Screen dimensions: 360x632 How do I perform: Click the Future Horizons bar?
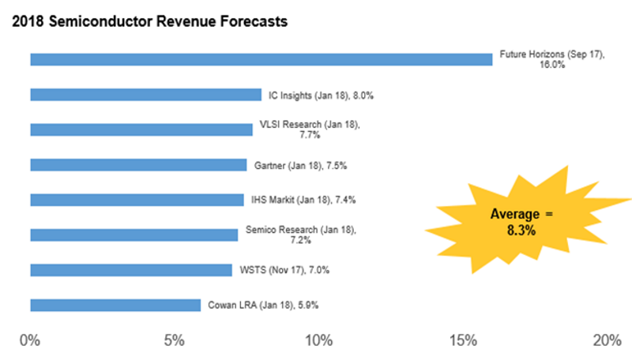tap(261, 59)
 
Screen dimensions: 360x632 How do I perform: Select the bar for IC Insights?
tap(145, 95)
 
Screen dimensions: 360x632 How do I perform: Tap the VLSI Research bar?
tap(141, 129)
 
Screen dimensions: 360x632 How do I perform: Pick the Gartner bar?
tap(138, 165)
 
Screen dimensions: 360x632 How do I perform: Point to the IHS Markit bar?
tap(137, 200)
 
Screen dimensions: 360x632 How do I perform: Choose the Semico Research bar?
tap(134, 234)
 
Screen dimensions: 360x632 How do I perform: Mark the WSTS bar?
tap(131, 270)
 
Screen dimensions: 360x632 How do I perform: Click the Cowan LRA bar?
tap(115, 306)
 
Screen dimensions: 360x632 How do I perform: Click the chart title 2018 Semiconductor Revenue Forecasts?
tap(149, 21)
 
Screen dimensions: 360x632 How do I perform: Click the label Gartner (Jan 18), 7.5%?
tap(301, 166)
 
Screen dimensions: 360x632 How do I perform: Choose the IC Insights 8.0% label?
tap(321, 96)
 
